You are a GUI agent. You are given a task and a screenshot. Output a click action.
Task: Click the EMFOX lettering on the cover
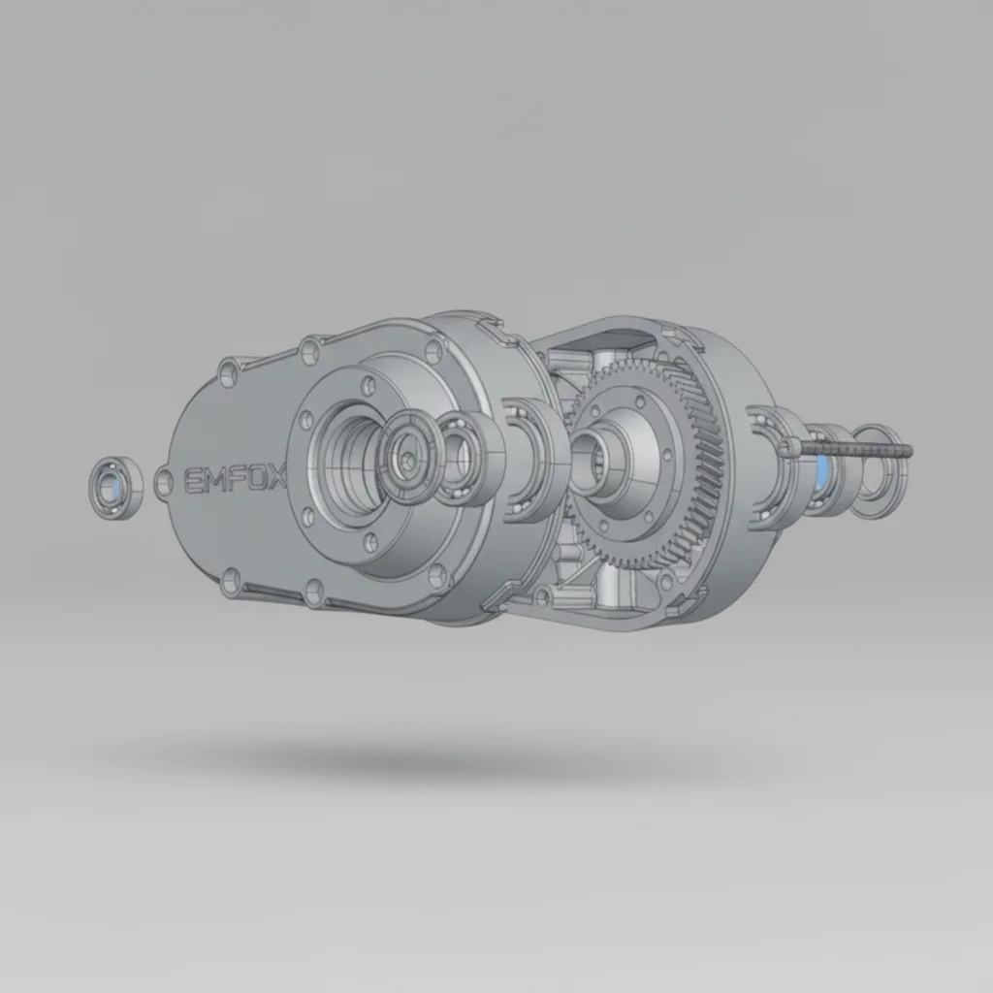coord(235,478)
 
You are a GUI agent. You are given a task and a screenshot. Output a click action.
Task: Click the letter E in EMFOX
coord(193,480)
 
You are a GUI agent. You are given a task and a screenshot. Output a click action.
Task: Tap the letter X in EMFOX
coord(276,476)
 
